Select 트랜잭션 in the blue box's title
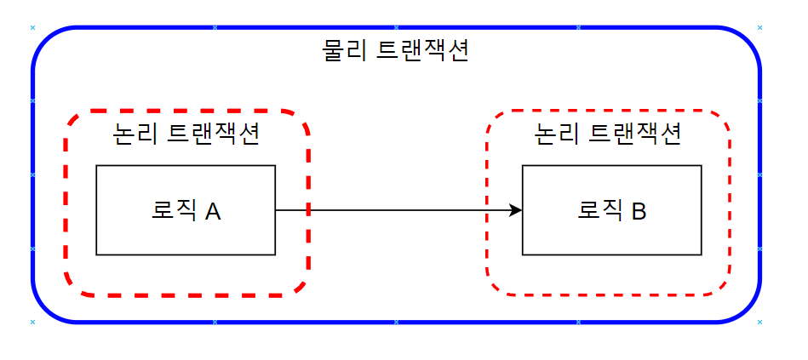(x=422, y=51)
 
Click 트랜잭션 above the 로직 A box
(x=215, y=134)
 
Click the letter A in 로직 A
(x=213, y=211)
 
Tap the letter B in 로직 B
(x=639, y=211)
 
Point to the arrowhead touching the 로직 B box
(x=515, y=210)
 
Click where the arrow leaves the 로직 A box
(x=276, y=210)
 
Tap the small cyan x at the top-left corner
(x=32, y=27)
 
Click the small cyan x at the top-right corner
(x=759, y=27)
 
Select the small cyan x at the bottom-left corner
(x=32, y=323)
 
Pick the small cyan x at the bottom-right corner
(x=759, y=323)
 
